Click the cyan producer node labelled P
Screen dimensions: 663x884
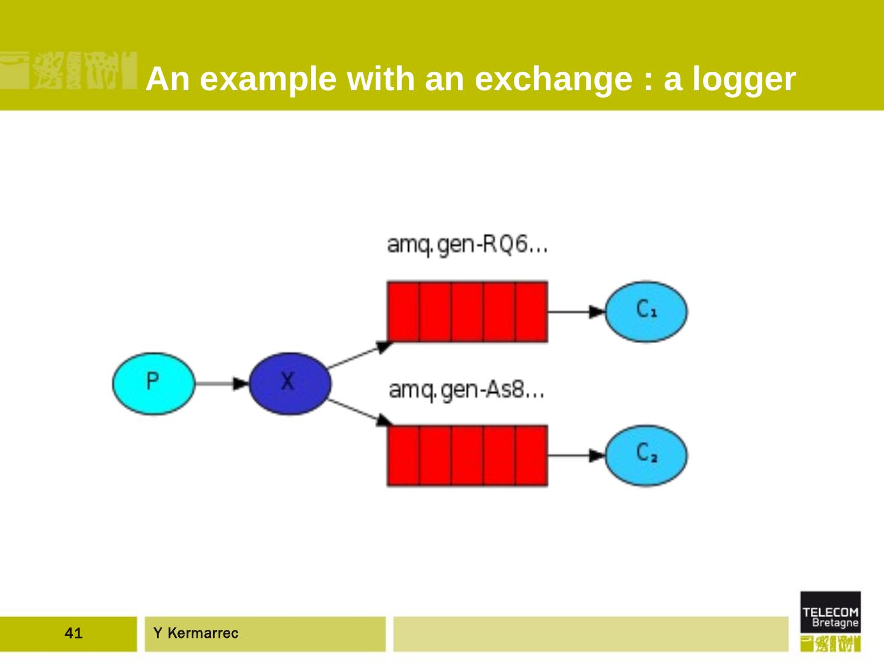pos(153,383)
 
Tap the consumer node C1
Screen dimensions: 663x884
pos(646,311)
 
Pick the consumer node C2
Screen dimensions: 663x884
pos(646,456)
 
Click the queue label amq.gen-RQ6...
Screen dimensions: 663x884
pos(467,244)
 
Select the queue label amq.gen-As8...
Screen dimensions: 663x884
pos(467,389)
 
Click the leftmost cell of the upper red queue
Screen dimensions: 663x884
pos(403,311)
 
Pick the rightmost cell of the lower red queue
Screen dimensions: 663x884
pos(531,456)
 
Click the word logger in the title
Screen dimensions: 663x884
pos(744,79)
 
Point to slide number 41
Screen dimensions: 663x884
pos(73,633)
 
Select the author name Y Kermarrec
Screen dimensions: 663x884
pos(196,633)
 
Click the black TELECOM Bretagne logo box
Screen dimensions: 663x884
pos(830,612)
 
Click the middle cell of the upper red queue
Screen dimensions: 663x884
pos(467,311)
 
